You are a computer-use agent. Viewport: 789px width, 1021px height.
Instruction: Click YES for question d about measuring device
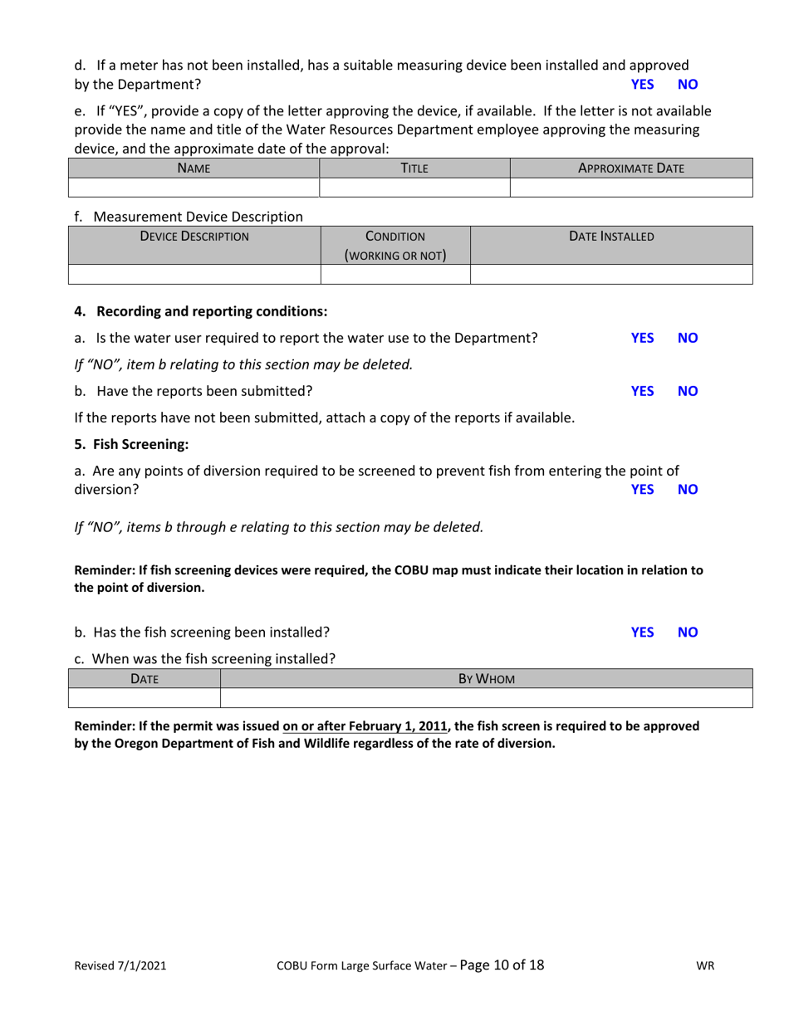(x=642, y=84)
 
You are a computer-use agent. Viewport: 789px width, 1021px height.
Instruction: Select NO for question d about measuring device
(x=689, y=84)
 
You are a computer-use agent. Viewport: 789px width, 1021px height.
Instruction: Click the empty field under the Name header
(x=194, y=188)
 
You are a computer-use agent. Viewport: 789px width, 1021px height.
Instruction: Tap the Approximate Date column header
(x=630, y=168)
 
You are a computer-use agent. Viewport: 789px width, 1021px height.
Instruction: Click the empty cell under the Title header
(x=414, y=188)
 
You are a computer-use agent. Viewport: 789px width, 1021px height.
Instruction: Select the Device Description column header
(x=194, y=237)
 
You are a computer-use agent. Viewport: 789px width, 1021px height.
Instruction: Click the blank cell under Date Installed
(x=611, y=275)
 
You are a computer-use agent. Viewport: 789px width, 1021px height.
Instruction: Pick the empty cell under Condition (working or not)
(x=395, y=275)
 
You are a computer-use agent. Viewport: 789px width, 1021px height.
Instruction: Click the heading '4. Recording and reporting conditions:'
(x=201, y=311)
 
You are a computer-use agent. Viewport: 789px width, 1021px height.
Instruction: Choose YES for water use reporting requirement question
(x=642, y=338)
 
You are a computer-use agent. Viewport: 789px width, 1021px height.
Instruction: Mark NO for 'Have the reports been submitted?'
(x=689, y=390)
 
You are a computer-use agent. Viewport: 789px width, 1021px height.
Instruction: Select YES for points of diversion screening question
(x=642, y=490)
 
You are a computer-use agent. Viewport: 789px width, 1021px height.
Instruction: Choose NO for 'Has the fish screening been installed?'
(x=689, y=633)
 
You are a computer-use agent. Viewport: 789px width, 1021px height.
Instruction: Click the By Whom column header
(x=487, y=679)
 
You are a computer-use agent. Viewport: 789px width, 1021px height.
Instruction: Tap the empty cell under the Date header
(x=144, y=698)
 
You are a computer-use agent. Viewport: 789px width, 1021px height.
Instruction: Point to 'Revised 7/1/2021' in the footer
(x=120, y=966)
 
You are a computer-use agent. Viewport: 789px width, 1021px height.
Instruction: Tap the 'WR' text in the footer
(x=706, y=966)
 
